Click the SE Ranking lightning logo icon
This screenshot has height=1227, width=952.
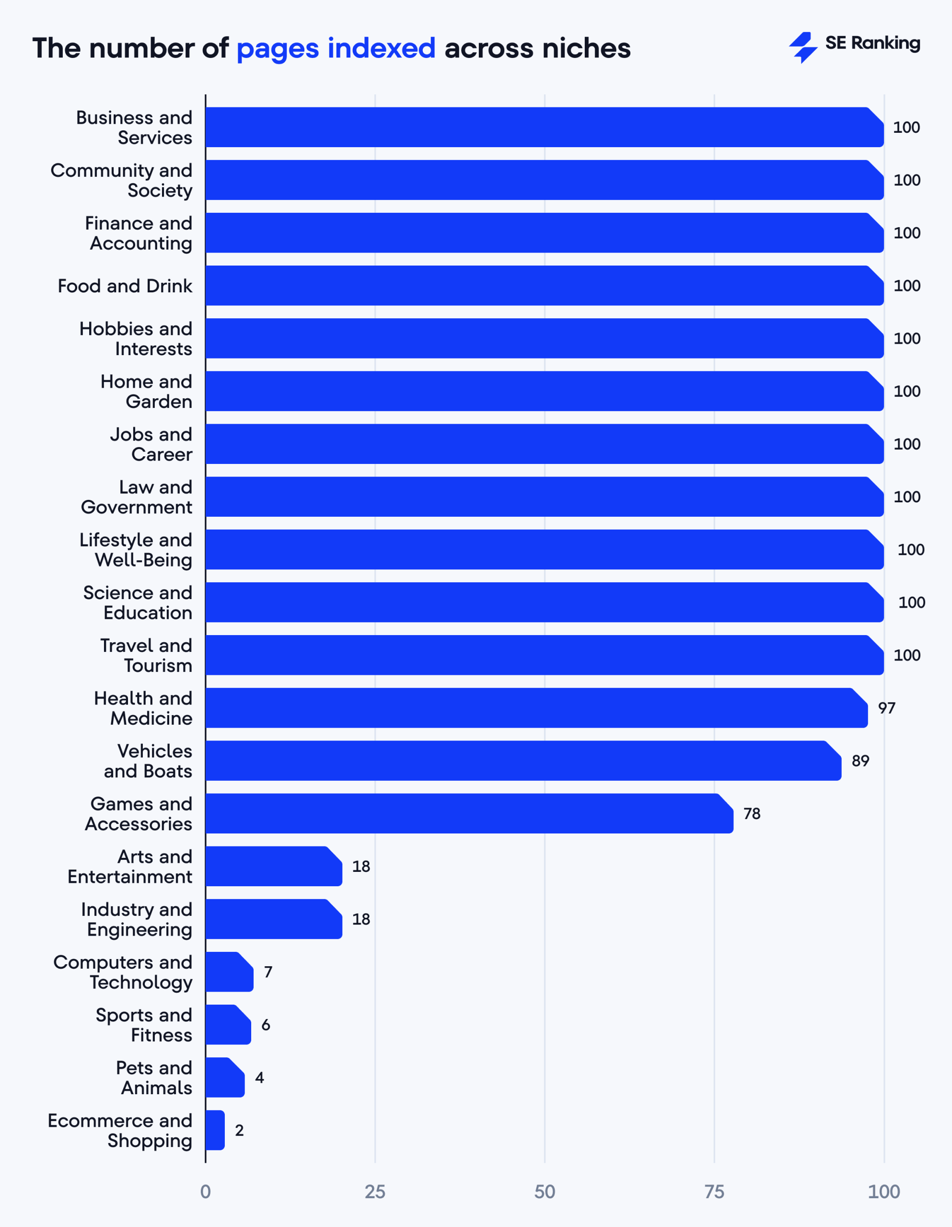click(802, 47)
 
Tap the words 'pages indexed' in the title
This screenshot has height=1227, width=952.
click(336, 48)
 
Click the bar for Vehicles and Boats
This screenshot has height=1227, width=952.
click(522, 761)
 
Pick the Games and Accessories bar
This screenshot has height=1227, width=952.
click(469, 813)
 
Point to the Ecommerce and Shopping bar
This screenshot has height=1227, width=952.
click(215, 1130)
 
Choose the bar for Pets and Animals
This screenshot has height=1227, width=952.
click(225, 1077)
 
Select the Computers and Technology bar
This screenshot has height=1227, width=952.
click(229, 972)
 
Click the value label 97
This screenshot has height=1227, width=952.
click(886, 708)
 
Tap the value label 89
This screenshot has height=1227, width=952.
click(860, 761)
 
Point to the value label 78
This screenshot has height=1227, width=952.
click(751, 813)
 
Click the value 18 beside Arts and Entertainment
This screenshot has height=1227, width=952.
click(361, 866)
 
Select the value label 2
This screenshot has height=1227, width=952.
click(239, 1130)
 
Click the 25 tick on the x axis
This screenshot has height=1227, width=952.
click(375, 1192)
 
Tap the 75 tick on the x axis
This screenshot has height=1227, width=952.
click(714, 1192)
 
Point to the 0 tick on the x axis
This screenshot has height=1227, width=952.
click(206, 1192)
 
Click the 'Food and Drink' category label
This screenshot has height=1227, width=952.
click(125, 286)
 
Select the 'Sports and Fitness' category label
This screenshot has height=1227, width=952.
click(144, 1025)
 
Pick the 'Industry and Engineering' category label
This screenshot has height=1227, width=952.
click(137, 919)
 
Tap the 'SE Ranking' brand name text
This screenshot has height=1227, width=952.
click(872, 43)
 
